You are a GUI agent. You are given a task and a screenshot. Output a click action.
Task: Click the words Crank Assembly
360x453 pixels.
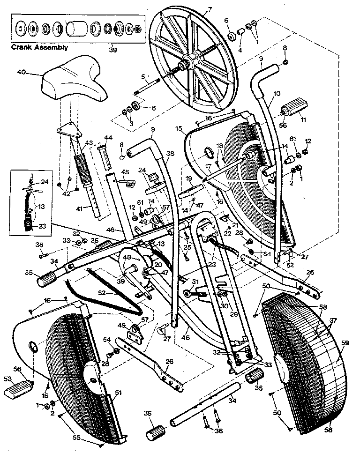[x=40, y=47]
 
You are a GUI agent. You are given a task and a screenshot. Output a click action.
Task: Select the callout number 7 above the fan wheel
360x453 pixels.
[x=210, y=9]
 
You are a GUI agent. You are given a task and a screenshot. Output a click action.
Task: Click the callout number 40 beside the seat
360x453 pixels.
[x=21, y=72]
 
